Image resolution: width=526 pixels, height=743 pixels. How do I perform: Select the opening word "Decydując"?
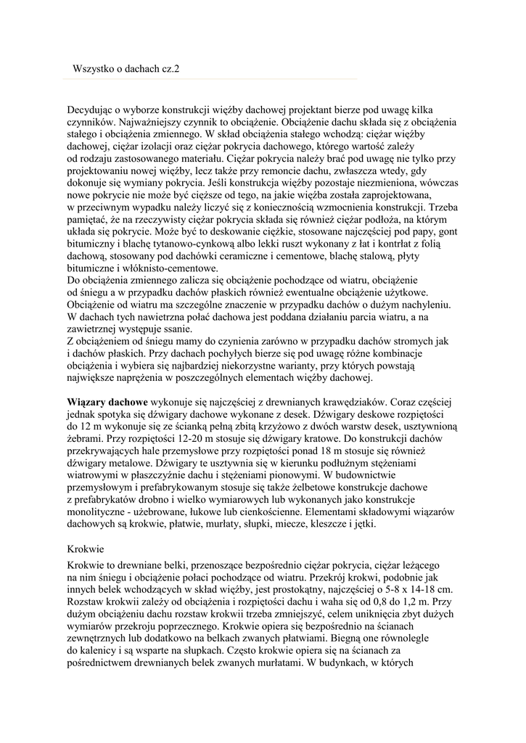(x=92, y=109)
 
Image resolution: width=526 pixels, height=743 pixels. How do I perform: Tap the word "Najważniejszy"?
(x=152, y=121)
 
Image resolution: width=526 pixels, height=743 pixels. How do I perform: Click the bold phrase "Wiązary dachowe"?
(x=108, y=402)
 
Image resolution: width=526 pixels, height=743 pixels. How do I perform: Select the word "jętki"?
(x=363, y=525)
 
